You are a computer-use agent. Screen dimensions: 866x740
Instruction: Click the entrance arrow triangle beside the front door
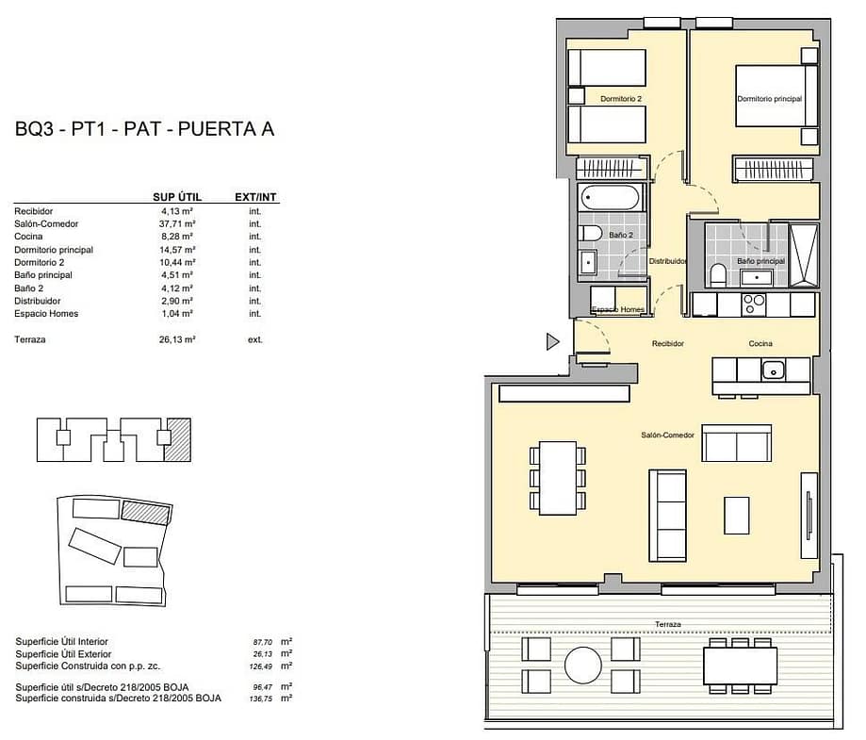(552, 341)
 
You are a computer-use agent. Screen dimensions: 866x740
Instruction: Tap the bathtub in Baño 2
(611, 197)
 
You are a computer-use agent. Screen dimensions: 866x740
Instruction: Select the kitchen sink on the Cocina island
(774, 370)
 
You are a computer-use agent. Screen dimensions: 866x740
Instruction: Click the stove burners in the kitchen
(754, 304)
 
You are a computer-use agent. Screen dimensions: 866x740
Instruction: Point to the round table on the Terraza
(582, 665)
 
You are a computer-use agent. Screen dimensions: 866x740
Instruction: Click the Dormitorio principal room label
(769, 99)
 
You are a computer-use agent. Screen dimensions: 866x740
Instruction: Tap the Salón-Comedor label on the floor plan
(667, 435)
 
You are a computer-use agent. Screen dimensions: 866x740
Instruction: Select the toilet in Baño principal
(718, 274)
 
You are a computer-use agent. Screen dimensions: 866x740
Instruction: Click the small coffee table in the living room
(736, 515)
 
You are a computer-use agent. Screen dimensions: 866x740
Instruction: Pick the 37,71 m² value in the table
(177, 223)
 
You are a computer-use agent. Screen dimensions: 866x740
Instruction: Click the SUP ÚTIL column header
(177, 197)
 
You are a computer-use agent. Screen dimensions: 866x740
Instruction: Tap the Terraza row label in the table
(30, 339)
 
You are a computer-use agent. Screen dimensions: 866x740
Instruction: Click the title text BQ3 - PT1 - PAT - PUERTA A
(145, 129)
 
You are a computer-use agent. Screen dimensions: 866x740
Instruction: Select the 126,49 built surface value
(260, 666)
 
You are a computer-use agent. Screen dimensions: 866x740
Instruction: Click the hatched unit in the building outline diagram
(179, 439)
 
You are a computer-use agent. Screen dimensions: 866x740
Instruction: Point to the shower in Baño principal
(804, 255)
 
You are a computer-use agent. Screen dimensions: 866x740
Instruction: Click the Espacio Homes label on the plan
(618, 309)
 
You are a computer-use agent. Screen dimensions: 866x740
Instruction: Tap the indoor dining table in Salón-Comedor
(558, 478)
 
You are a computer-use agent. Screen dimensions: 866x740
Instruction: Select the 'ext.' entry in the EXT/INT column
(255, 339)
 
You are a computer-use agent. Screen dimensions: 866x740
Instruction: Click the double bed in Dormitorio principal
(776, 95)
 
